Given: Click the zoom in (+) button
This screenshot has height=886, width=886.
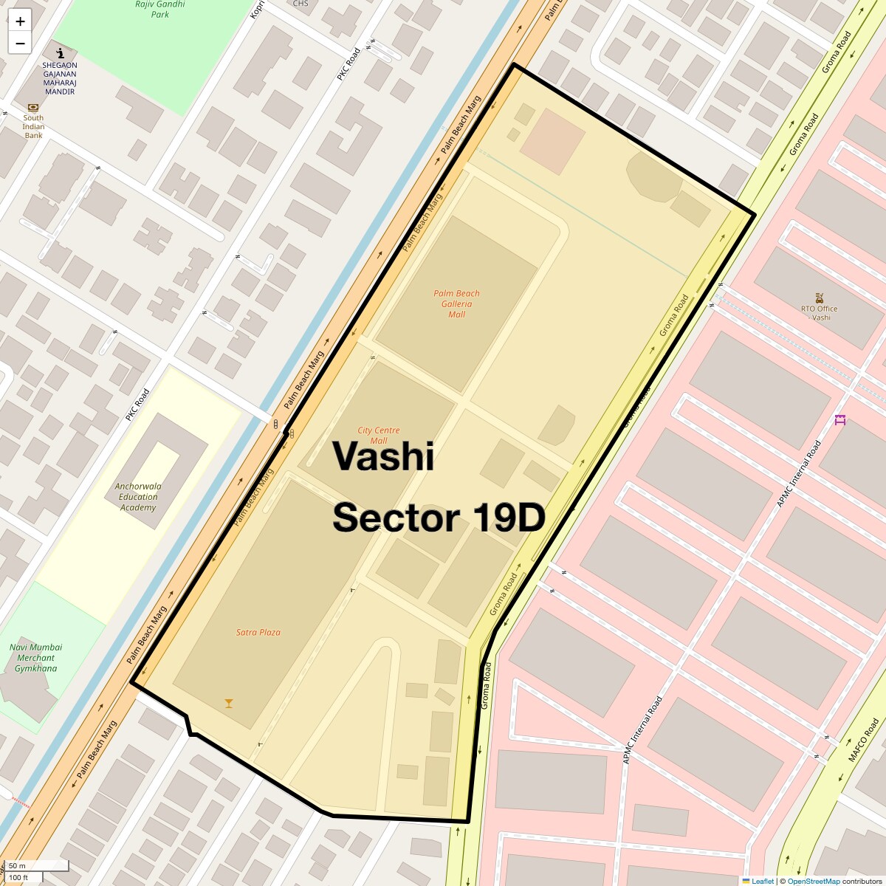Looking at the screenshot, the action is [x=20, y=21].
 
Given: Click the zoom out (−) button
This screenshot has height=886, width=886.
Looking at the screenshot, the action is [x=20, y=44].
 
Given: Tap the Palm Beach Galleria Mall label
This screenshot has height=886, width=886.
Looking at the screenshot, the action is [x=456, y=304].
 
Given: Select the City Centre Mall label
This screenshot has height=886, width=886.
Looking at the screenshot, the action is [x=378, y=436].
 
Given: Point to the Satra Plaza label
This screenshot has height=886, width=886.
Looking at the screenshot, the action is [x=258, y=632].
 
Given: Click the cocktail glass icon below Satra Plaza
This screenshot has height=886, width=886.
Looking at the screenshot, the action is [x=229, y=703].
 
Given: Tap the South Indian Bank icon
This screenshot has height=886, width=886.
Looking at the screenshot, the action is [x=33, y=108].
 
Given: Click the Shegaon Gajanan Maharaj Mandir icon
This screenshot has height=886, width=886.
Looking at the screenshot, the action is [x=60, y=53].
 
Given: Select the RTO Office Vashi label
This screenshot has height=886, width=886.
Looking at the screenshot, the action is [x=820, y=313].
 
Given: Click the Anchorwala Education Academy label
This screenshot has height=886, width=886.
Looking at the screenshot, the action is [x=138, y=497].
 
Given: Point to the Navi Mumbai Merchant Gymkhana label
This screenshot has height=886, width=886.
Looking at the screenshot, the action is [x=35, y=658].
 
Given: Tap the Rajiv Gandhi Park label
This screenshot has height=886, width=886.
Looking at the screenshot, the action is [x=159, y=9].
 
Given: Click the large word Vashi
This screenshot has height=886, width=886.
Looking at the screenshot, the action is [x=382, y=456].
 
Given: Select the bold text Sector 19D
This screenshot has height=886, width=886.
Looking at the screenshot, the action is [x=439, y=518].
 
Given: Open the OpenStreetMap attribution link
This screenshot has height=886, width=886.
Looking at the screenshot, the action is [x=813, y=881].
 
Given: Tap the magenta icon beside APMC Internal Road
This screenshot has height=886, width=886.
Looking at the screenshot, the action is [x=839, y=420].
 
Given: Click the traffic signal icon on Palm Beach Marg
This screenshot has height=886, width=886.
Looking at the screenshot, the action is [x=275, y=425].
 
